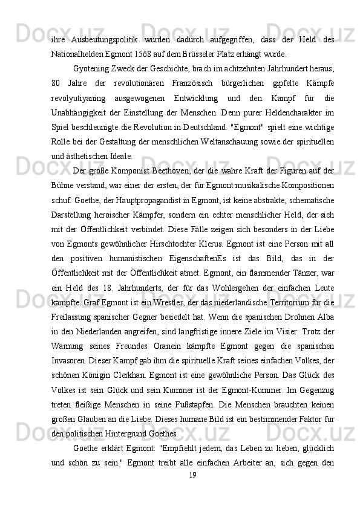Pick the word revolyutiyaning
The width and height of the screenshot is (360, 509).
(78, 97)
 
